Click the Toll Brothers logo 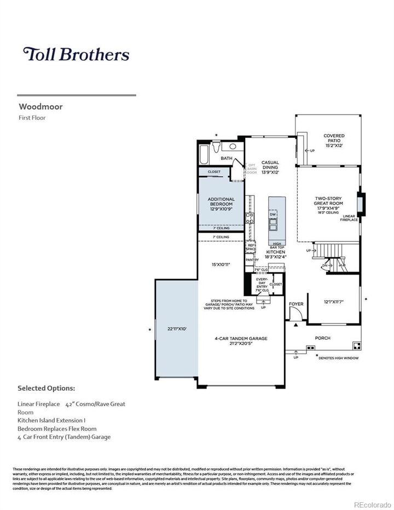pyautogui.click(x=76, y=54)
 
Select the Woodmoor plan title pyautogui.click(x=40, y=107)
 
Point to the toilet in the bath pyautogui.click(x=217, y=147)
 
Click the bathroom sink pyautogui.click(x=232, y=147)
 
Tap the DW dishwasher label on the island pyautogui.click(x=273, y=215)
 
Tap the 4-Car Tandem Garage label pyautogui.click(x=241, y=339)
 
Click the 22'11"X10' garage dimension pyautogui.click(x=177, y=329)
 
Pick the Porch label pyautogui.click(x=322, y=338)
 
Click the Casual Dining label pyautogui.click(x=270, y=167)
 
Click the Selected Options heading pyautogui.click(x=46, y=388)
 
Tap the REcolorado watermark pyautogui.click(x=372, y=503)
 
